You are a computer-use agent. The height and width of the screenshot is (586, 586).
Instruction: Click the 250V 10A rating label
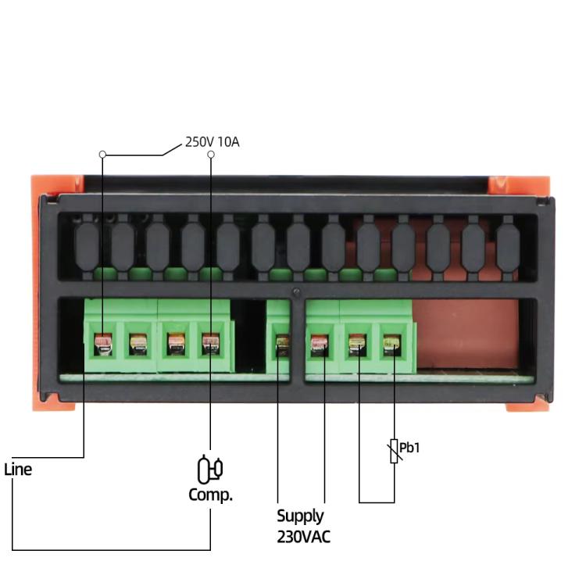point(212,142)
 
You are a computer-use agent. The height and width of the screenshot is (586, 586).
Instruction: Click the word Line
point(18,470)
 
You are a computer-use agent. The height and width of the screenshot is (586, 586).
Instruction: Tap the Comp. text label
point(210,495)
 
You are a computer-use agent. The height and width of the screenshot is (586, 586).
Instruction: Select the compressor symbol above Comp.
point(209,469)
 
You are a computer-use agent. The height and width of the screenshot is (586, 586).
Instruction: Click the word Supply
point(300,516)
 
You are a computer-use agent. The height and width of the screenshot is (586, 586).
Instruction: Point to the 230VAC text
point(303,537)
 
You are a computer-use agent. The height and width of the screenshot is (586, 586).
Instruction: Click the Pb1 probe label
point(409,448)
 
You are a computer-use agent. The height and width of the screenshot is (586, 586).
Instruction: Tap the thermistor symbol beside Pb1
point(394,451)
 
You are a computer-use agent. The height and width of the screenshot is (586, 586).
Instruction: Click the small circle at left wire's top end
point(102,155)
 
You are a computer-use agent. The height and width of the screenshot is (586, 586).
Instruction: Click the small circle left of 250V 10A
point(211,155)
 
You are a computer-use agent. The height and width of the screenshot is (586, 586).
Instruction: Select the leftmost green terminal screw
point(102,343)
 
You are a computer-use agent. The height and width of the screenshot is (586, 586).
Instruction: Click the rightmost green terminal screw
point(392,343)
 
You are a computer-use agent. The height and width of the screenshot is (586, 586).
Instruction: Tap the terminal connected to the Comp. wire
point(210,343)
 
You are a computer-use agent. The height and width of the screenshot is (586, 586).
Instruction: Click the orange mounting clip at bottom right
point(528,405)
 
